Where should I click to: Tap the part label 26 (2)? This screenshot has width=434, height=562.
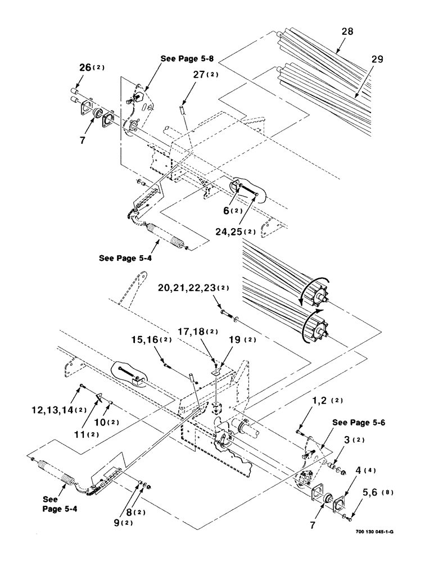click(x=91, y=69)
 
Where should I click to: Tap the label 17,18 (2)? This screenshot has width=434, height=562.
click(x=198, y=332)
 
